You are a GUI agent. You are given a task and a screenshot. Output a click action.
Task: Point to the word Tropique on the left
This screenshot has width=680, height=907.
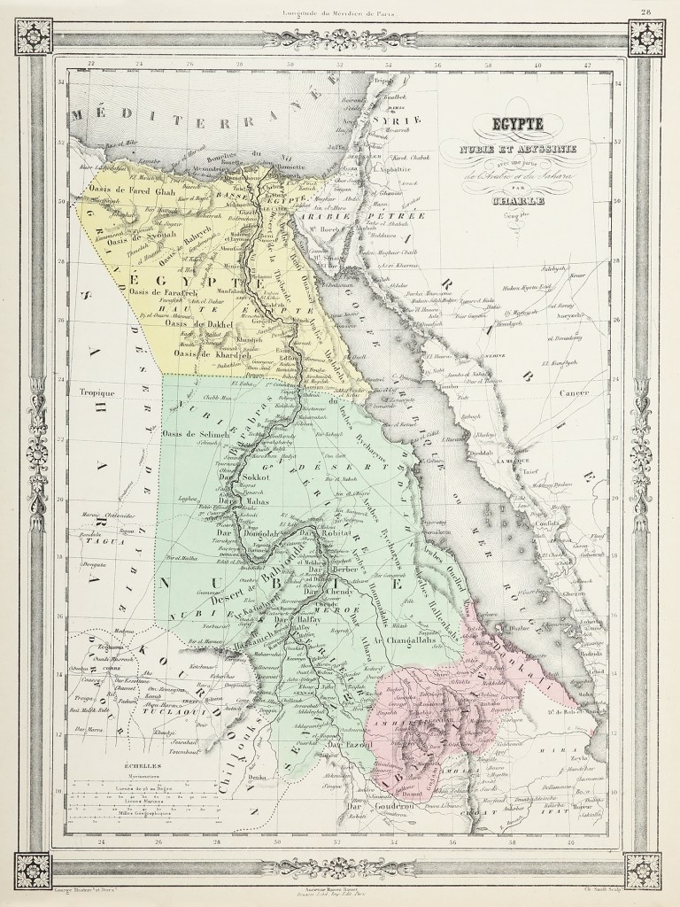(97, 391)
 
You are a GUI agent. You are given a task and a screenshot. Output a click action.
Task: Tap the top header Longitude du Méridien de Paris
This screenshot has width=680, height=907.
(340, 10)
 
